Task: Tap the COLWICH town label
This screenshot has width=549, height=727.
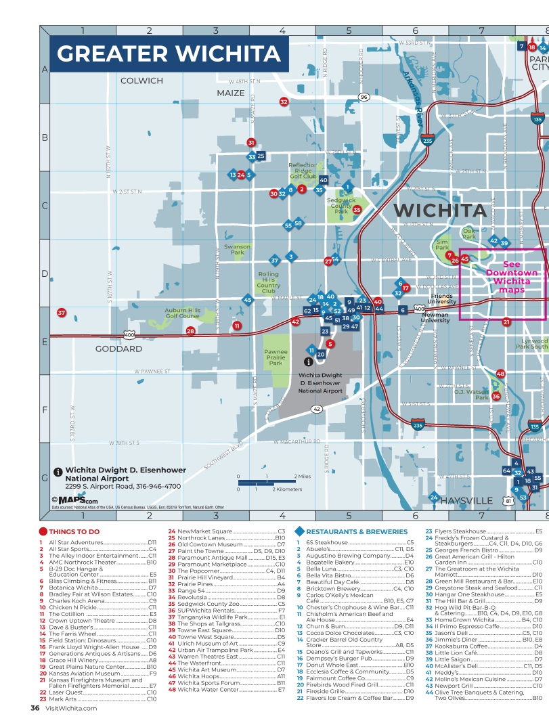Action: coord(141,81)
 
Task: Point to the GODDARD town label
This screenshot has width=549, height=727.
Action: coord(118,349)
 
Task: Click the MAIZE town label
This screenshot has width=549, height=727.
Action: coord(230,93)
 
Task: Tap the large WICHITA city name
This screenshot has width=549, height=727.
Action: coord(440,211)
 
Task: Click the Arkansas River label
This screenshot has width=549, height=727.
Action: coord(414,95)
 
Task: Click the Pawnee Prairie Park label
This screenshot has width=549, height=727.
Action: coord(276,357)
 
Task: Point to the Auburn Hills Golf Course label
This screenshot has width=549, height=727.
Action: coord(183,313)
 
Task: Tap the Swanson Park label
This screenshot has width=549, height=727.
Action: coord(237,250)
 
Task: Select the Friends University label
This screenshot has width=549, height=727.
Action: coord(442,299)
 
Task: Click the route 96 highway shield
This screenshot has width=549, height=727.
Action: coord(364,97)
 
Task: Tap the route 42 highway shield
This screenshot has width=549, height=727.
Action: coord(316,409)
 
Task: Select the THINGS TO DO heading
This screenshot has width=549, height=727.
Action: coord(74,532)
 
